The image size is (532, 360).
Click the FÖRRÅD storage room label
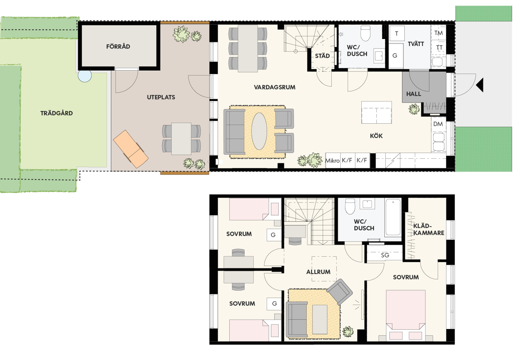click(x=118, y=46)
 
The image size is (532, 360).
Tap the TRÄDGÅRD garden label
click(x=57, y=113)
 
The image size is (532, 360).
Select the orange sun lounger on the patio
click(x=131, y=149)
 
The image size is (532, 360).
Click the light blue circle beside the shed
click(x=85, y=76)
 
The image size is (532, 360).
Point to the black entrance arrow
click(x=480, y=85)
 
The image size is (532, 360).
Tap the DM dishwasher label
click(x=438, y=124)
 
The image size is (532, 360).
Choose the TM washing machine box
click(x=438, y=32)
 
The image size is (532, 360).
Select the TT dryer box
click(x=438, y=47)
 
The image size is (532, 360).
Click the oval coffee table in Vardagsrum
click(x=259, y=131)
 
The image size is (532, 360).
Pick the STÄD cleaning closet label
click(x=322, y=56)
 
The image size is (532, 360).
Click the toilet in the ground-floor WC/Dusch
click(x=365, y=33)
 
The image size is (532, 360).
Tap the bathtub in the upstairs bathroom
click(x=393, y=217)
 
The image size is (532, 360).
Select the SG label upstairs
click(x=385, y=255)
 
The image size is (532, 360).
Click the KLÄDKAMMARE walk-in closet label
click(x=429, y=229)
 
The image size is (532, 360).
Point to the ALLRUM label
click(x=318, y=272)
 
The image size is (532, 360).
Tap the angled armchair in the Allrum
click(x=340, y=292)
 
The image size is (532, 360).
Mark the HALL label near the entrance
click(x=414, y=94)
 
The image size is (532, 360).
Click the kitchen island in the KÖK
click(x=376, y=112)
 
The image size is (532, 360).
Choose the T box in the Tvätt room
click(x=397, y=34)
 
